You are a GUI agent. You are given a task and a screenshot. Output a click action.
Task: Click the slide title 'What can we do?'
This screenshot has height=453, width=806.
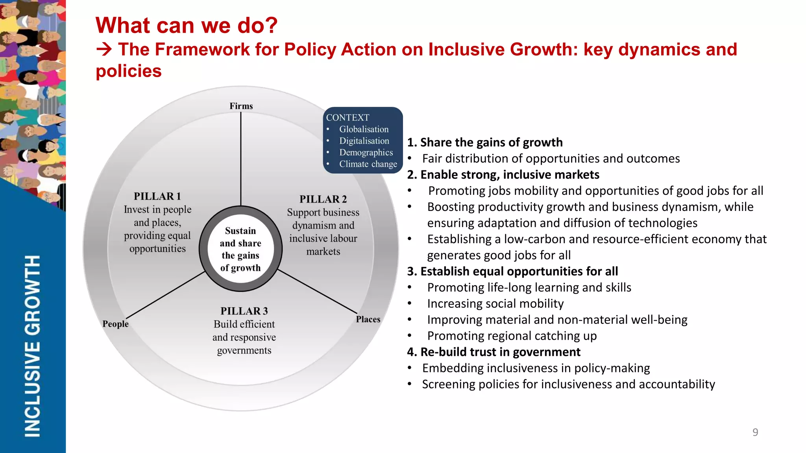click(187, 25)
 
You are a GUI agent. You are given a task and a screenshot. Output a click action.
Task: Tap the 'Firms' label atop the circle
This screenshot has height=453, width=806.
click(241, 106)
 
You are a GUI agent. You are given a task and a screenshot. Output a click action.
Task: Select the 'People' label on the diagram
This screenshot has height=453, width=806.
click(115, 324)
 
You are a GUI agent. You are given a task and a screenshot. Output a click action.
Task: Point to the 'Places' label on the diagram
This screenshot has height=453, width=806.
click(368, 319)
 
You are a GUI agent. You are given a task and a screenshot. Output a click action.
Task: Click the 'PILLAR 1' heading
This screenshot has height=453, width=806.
click(157, 196)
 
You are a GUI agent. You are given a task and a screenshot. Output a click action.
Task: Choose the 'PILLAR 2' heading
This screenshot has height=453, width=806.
click(323, 199)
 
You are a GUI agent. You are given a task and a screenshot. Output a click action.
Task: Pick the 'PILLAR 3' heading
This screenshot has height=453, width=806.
click(244, 311)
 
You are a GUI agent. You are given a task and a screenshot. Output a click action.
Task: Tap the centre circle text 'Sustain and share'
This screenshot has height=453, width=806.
click(240, 237)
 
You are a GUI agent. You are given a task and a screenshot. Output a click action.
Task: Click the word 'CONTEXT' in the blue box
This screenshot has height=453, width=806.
click(348, 118)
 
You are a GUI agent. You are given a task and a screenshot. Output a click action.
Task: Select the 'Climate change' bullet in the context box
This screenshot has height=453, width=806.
click(368, 164)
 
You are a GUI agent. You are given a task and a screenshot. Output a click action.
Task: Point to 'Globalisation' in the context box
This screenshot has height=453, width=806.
click(364, 129)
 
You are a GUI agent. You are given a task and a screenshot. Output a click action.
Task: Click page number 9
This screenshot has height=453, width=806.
click(755, 432)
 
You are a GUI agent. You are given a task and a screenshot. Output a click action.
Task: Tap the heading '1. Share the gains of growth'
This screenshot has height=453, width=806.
click(485, 142)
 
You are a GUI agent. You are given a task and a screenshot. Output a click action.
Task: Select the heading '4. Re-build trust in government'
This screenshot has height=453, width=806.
click(494, 352)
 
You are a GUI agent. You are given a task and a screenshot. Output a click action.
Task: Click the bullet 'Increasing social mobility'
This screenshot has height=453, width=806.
click(495, 303)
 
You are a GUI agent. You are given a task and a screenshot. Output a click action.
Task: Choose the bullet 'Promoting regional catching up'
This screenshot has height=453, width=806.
click(512, 336)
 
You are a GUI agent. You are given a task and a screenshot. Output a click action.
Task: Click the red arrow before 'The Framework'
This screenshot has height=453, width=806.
click(104, 50)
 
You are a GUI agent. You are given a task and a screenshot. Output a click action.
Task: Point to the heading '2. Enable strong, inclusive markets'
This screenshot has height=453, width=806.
click(503, 174)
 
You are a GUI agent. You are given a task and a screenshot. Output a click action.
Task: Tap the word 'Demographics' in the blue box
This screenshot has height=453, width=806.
click(366, 152)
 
